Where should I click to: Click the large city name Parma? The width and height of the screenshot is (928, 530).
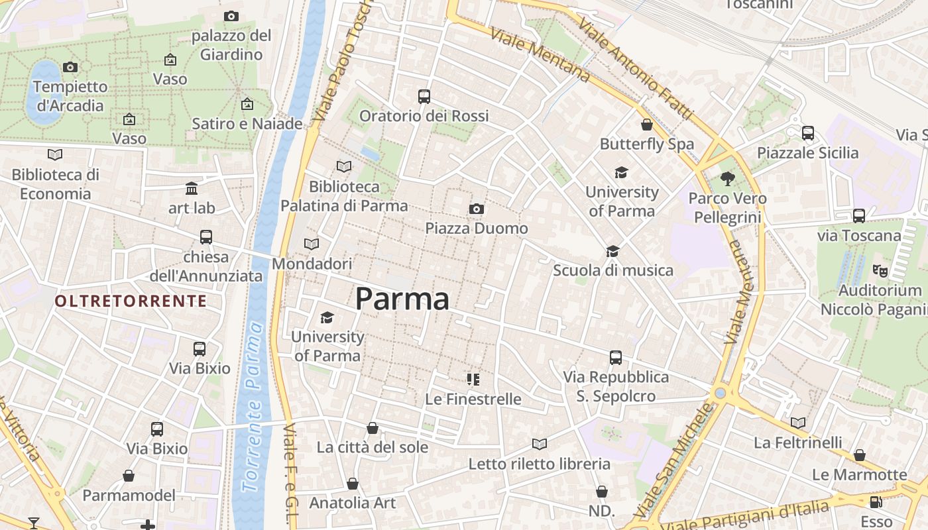click(x=402, y=299)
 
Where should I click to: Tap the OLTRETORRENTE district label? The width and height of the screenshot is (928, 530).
click(x=131, y=301)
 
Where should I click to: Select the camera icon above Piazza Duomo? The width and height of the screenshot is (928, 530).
click(x=476, y=209)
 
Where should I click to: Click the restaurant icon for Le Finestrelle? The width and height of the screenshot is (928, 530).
click(x=473, y=380)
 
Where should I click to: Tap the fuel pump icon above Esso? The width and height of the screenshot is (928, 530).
click(x=876, y=502)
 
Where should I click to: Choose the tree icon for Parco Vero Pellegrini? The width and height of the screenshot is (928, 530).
click(x=727, y=178)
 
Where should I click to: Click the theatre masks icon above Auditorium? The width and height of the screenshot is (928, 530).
click(x=880, y=270)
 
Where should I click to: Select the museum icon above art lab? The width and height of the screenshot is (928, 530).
click(x=192, y=188)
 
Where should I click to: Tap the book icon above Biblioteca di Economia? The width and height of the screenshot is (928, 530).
click(x=55, y=154)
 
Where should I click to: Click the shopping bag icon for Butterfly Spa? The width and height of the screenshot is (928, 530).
click(x=646, y=124)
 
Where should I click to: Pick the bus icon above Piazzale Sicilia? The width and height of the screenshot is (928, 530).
click(x=807, y=132)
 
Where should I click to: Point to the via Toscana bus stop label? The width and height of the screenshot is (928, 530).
click(x=859, y=235)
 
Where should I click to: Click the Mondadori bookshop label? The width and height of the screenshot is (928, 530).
click(x=312, y=264)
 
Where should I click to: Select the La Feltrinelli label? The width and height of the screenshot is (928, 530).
click(x=798, y=442)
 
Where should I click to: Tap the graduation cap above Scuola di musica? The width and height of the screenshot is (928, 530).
click(x=612, y=251)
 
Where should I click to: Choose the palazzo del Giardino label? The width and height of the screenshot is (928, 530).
click(x=231, y=44)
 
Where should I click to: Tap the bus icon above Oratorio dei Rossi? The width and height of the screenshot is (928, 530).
click(x=424, y=97)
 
